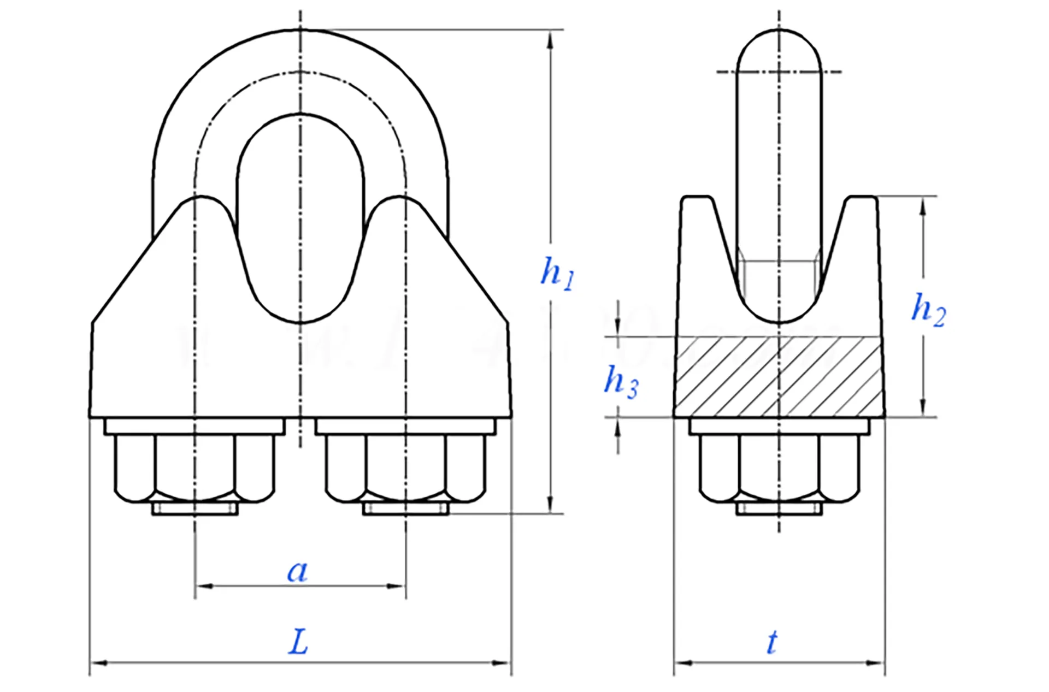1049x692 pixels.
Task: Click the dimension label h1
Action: (x=557, y=273)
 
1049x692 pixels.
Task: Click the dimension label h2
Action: (x=928, y=310)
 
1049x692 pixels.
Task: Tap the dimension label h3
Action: (x=620, y=381)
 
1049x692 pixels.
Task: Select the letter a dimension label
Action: (x=298, y=571)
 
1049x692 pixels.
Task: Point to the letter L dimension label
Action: (x=298, y=642)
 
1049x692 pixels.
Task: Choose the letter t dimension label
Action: (x=771, y=642)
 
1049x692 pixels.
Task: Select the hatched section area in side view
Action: (x=779, y=377)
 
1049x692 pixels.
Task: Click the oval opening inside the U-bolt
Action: (x=300, y=218)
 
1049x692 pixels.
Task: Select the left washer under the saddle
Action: (x=195, y=427)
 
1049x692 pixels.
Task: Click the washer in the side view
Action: (x=779, y=427)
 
